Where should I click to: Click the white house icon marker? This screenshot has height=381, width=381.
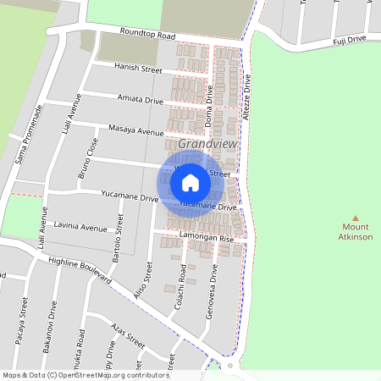click(x=190, y=182)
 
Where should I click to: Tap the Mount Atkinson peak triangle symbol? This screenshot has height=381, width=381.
click(x=356, y=218)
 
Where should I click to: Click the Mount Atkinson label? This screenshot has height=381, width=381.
click(x=356, y=232)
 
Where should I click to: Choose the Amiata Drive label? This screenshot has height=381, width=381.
click(x=140, y=100)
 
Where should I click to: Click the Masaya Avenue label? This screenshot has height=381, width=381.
click(x=136, y=131)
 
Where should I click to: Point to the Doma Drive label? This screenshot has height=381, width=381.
click(x=209, y=110)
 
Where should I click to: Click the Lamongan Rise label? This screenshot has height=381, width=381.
click(x=206, y=239)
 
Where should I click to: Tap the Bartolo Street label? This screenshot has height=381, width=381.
click(x=119, y=233)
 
